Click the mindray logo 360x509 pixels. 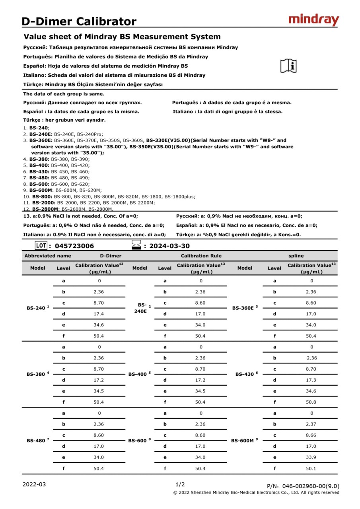313,19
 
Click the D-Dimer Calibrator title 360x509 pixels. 79,21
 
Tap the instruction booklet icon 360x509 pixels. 288,66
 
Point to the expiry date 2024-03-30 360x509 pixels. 169,246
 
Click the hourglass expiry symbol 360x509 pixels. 136,245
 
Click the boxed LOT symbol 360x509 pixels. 41,245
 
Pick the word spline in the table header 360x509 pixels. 296,256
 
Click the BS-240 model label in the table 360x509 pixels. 36,308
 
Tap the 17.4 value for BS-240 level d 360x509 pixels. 99,314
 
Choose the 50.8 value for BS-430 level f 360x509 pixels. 311,402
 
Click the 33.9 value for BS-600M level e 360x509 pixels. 311,457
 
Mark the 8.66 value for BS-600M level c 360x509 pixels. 311,435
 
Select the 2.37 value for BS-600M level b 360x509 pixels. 311,424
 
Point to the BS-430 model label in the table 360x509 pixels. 245,374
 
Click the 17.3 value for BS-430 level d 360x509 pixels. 311,380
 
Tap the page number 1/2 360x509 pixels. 180,484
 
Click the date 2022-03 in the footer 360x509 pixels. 34,484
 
